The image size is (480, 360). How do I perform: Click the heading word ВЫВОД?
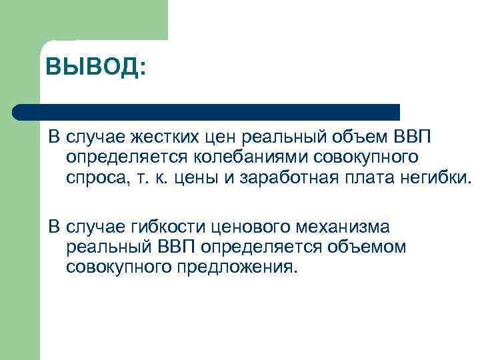tap(95, 67)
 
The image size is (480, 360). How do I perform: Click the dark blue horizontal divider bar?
tap(207, 111)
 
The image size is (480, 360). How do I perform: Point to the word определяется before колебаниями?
tap(117, 159)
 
